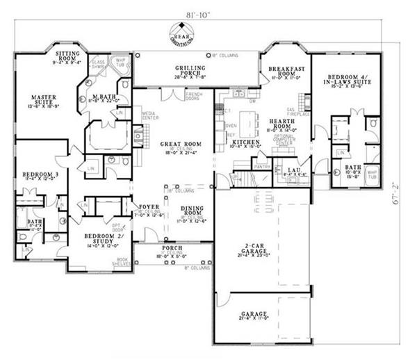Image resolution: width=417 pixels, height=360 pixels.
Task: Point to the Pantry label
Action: pos(264,167)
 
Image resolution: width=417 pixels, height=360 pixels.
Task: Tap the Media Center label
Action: pos(148,115)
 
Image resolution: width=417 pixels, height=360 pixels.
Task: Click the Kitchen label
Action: pos(247,142)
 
